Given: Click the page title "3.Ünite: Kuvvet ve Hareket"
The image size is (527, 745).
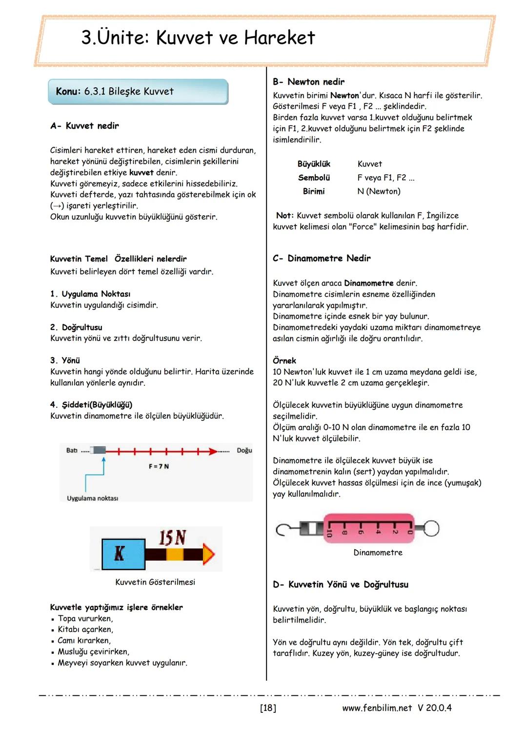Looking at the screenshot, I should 198,38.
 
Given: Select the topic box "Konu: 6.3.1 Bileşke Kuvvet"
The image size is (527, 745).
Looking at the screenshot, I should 138,92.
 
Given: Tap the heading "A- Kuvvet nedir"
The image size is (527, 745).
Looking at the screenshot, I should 84,126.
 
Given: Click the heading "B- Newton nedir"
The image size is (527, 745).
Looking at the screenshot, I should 308,82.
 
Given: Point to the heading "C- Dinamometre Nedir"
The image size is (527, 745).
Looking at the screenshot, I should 322,258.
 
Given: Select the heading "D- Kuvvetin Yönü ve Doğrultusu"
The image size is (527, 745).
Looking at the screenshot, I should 341,584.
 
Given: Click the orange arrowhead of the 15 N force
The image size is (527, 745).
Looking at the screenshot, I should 208,555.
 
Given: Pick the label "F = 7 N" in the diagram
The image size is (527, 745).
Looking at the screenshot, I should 159,466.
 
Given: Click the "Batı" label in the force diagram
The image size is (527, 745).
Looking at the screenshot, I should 72,450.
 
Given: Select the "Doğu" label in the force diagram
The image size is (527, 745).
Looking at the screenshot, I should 244,450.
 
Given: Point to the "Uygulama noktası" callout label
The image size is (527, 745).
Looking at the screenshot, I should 92,498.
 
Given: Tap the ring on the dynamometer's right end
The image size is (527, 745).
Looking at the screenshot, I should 430,528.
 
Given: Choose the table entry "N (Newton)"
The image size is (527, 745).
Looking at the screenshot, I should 379,191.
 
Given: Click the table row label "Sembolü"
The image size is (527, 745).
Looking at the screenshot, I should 314,178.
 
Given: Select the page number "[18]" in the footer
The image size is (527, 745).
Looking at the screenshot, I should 268,708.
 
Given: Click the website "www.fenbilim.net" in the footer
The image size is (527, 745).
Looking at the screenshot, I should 377,708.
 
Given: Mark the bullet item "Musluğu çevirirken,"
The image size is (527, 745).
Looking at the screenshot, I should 93,652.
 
